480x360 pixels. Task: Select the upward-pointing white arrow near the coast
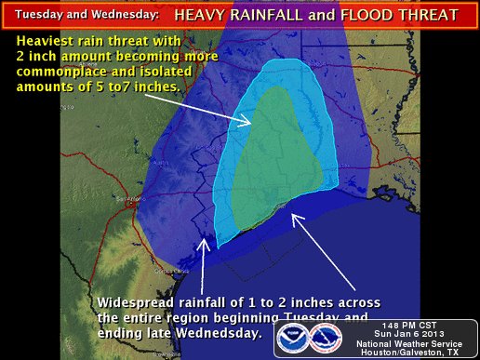point(203,260)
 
